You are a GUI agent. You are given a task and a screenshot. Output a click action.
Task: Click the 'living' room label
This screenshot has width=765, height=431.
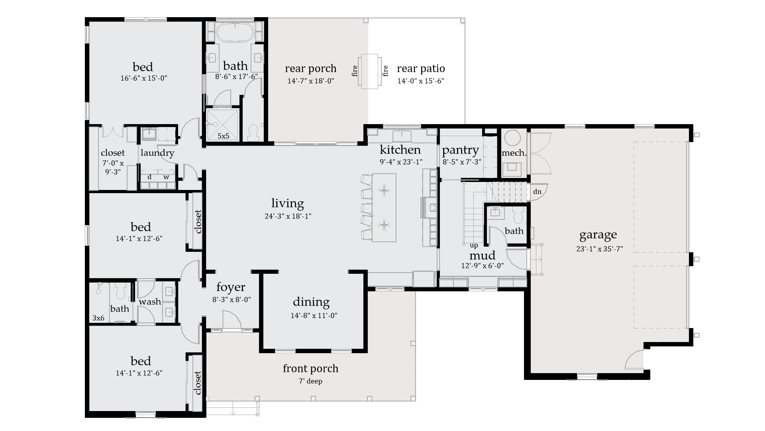point(287,204)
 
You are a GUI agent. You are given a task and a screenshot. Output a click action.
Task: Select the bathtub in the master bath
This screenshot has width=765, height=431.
point(235,32)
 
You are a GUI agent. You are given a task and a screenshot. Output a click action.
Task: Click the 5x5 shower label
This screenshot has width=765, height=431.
point(223,136)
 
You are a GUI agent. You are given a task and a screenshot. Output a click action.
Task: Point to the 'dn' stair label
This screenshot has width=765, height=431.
point(537,192)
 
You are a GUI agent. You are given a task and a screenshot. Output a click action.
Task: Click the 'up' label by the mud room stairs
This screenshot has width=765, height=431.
point(474,245)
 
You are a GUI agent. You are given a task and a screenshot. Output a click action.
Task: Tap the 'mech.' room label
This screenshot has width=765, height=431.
point(514,153)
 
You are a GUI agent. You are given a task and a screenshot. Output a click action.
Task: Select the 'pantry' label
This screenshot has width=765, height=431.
point(460,150)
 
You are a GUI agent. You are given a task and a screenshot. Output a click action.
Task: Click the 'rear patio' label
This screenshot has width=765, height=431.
point(421,69)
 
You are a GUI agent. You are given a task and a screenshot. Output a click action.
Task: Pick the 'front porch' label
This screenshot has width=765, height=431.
point(310,368)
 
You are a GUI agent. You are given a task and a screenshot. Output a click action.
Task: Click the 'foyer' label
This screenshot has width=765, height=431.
point(231,287)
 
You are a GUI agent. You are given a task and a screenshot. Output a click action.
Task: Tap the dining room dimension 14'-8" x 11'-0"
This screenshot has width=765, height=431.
point(314,315)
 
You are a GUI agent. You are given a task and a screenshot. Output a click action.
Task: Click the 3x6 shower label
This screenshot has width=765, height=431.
point(98,318)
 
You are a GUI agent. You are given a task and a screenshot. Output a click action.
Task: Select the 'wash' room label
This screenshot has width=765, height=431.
point(150,302)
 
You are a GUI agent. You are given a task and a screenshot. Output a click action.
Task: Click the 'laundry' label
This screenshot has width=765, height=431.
point(157,152)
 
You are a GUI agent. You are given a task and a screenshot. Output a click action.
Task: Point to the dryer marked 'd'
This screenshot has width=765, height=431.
point(149,177)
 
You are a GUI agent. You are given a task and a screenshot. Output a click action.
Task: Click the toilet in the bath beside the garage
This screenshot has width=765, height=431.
point(518,216)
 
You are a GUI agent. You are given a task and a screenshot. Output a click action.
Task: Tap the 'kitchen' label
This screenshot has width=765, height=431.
point(400,150)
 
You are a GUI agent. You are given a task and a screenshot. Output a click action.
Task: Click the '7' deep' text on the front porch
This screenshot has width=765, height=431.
point(310,381)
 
